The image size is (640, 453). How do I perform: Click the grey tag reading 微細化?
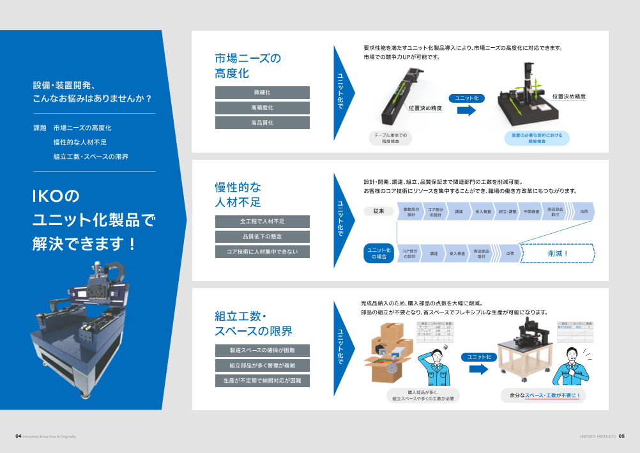coord(262,93)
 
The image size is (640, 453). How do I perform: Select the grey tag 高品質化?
coord(262,123)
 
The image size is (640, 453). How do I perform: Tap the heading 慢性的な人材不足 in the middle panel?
coord(238,195)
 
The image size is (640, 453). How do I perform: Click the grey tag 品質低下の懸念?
coord(262,236)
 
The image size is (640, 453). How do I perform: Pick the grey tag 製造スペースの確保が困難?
coord(262,350)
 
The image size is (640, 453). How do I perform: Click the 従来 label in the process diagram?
coord(378,211)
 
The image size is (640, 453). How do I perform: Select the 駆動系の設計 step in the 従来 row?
coord(411,211)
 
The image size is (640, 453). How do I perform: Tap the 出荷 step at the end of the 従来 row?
coord(583,211)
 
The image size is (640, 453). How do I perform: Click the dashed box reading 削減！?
coord(558,253)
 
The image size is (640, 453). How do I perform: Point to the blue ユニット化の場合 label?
coord(379,253)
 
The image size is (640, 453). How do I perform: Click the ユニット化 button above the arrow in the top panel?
coord(467,98)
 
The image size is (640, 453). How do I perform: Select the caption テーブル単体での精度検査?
coord(390,138)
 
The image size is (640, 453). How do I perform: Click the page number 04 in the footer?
coord(19,436)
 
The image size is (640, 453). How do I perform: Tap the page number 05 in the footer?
coord(621,436)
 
